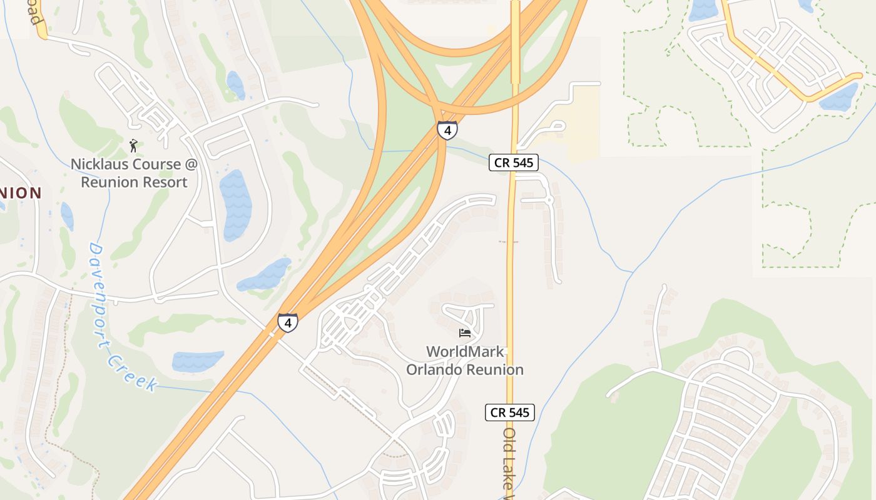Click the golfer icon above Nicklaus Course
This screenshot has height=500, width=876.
coord(133,146)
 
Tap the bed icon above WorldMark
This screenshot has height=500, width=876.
coord(464,332)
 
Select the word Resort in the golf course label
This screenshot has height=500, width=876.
coord(160,182)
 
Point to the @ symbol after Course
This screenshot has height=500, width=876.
coord(190,164)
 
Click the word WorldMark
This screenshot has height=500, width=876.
coord(465,352)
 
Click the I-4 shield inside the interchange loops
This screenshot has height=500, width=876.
coord(447,130)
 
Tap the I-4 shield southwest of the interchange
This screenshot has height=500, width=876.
coord(288,322)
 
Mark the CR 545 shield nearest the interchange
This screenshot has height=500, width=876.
coord(513,162)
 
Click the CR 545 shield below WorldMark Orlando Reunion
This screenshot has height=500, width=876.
coord(510,412)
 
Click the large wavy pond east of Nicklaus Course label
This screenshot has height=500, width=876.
coord(235,204)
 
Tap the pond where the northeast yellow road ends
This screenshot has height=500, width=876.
coord(838,97)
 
